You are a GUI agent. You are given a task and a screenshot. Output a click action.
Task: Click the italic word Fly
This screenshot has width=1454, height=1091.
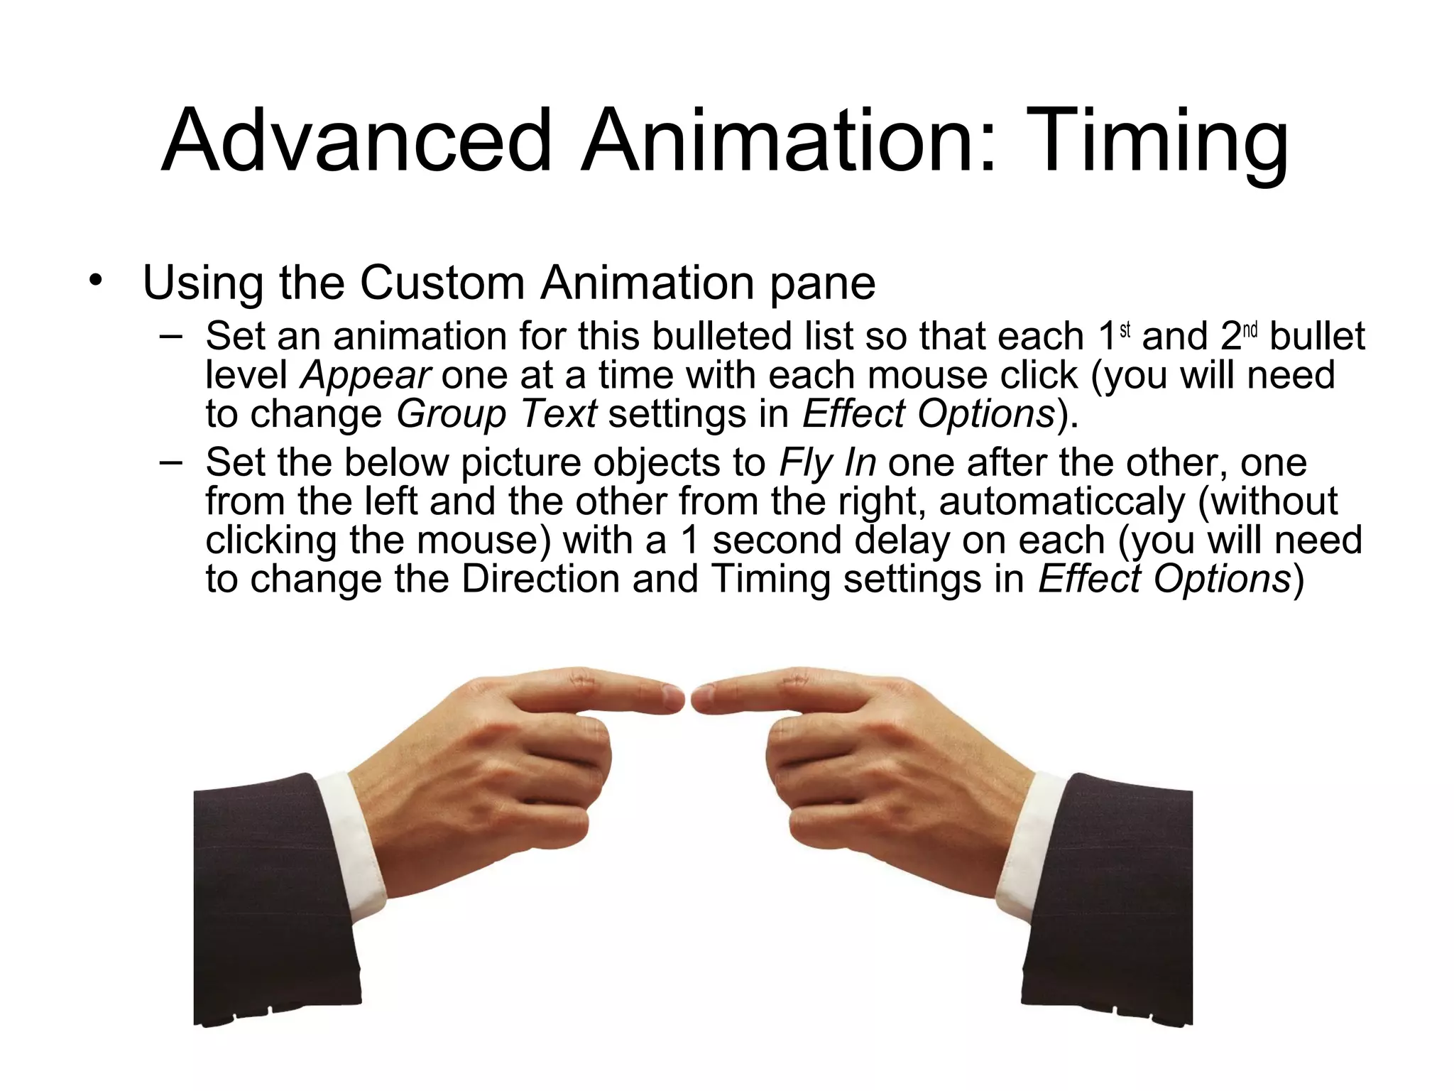coord(801,463)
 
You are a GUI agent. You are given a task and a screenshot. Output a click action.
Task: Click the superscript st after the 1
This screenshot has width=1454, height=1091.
coord(1125,330)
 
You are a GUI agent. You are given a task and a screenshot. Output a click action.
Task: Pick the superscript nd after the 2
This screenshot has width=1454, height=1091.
coord(1250,330)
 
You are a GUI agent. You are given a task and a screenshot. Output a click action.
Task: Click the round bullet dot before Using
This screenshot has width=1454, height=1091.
coord(95,280)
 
